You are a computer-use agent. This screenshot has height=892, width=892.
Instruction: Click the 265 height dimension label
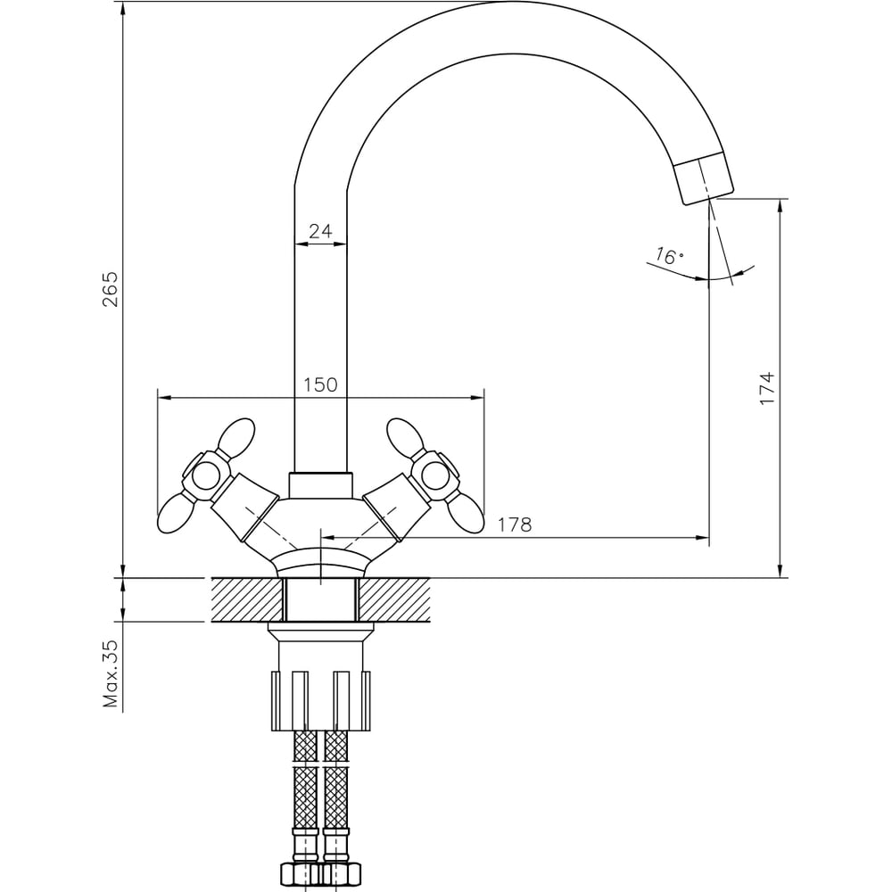[111, 289]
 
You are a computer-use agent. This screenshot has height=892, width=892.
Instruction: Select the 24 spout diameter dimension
[320, 231]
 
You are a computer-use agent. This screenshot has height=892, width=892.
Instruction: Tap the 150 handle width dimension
[320, 384]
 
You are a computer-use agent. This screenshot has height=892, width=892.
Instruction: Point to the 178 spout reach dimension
[515, 524]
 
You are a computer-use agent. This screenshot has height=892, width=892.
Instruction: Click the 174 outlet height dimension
[767, 388]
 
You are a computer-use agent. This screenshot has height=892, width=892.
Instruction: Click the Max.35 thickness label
[111, 673]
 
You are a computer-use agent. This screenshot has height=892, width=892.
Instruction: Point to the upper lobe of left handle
[236, 435]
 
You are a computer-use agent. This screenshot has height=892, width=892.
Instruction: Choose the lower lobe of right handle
[466, 513]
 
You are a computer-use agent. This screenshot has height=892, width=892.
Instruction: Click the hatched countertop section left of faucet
[247, 599]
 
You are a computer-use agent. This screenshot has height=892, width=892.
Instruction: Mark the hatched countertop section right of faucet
[394, 599]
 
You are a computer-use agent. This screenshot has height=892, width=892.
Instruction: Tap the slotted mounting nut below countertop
[321, 700]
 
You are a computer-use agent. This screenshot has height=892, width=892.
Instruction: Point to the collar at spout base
[320, 486]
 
